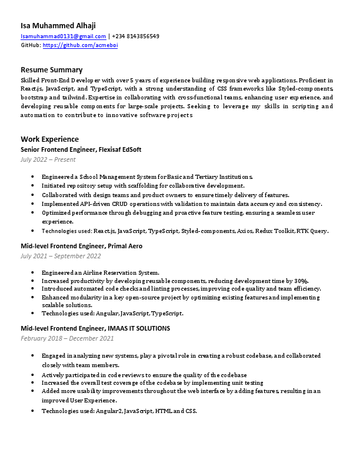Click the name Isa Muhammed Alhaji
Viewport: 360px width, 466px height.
point(58,25)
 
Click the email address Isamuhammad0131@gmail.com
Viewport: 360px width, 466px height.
point(64,36)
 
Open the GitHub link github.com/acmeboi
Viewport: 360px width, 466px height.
point(80,45)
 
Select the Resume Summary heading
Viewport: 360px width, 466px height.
point(52,69)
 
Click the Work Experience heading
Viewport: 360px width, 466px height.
point(49,139)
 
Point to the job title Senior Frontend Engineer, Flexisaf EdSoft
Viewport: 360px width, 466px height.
point(81,149)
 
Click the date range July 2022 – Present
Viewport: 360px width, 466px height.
point(48,159)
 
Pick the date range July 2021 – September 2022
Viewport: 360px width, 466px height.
point(61,256)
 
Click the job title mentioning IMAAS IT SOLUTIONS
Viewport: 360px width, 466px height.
point(95,328)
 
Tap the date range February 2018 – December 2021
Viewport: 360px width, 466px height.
point(67,338)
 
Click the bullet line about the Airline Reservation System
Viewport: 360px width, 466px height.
point(100,272)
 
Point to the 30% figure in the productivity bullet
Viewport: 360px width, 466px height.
point(302,281)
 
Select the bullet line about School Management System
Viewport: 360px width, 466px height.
point(147,177)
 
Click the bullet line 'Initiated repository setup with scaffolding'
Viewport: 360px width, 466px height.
point(143,185)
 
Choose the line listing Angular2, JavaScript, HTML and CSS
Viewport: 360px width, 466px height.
point(119,410)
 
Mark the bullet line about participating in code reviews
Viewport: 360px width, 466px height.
point(144,375)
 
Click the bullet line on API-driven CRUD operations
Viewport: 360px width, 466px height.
point(182,204)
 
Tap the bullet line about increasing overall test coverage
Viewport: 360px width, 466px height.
point(152,382)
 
